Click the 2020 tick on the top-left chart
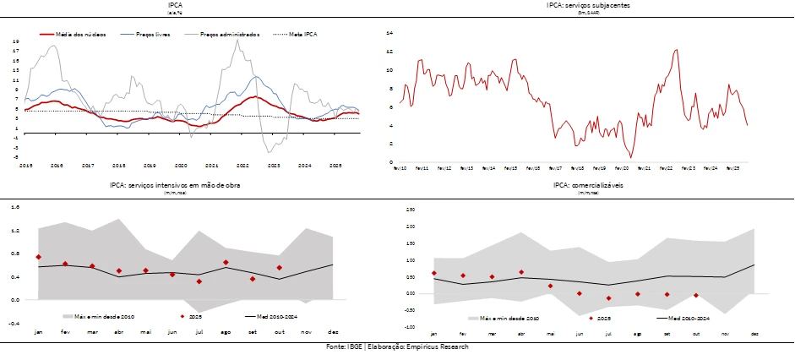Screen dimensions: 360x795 click(181, 166)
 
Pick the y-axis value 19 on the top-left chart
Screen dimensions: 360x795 click(16, 41)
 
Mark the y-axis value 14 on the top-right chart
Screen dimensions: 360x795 click(389, 33)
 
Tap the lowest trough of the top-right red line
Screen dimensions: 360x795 click(630, 157)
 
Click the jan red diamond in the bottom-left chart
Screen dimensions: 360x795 click(38, 257)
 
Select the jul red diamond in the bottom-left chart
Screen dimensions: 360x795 click(199, 281)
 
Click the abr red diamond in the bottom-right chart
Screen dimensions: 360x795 click(521, 272)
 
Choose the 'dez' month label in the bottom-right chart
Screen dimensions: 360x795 click(754, 334)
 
